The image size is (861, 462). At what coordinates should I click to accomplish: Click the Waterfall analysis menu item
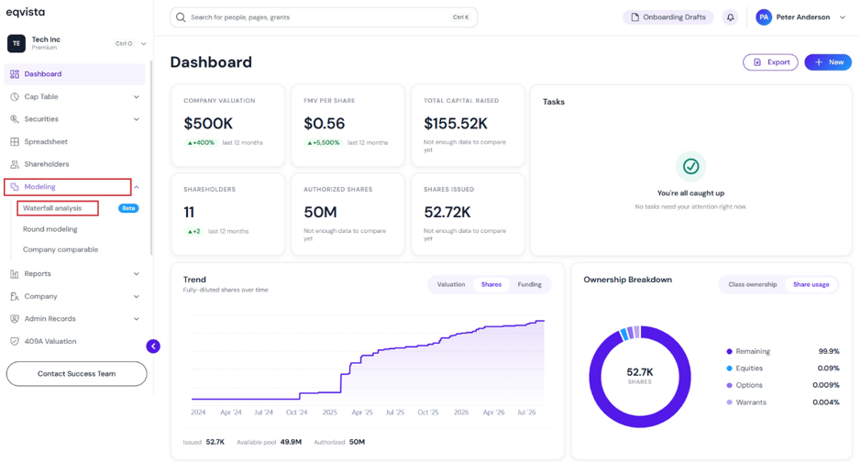[x=52, y=208]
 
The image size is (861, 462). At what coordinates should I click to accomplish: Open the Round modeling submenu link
[x=50, y=229]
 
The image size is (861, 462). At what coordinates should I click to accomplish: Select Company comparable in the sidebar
[x=61, y=249]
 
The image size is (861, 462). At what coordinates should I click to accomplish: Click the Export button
[x=770, y=62]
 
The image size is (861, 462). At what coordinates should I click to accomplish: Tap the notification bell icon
[x=730, y=17]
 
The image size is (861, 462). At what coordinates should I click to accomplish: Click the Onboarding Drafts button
[x=668, y=17]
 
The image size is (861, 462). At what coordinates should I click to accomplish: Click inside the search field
[x=324, y=17]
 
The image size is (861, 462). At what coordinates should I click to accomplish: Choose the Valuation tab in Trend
[x=451, y=284]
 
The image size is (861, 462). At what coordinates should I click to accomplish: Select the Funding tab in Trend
[x=529, y=284]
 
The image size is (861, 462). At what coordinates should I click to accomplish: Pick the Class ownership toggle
[x=752, y=284]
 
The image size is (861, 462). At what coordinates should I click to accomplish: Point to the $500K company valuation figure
[x=208, y=124]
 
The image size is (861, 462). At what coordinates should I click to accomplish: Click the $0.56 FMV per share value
[x=324, y=124]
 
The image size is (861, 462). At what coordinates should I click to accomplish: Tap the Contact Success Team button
[x=76, y=374]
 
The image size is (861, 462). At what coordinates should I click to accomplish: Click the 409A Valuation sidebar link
[x=50, y=341]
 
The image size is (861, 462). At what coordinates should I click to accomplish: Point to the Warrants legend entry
[x=751, y=402]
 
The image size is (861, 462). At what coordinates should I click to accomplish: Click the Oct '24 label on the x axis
[x=296, y=412]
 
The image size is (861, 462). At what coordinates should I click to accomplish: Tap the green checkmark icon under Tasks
[x=690, y=166]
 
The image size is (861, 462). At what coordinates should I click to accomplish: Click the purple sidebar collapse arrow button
[x=153, y=346]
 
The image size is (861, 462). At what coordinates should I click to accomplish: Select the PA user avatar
[x=763, y=17]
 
